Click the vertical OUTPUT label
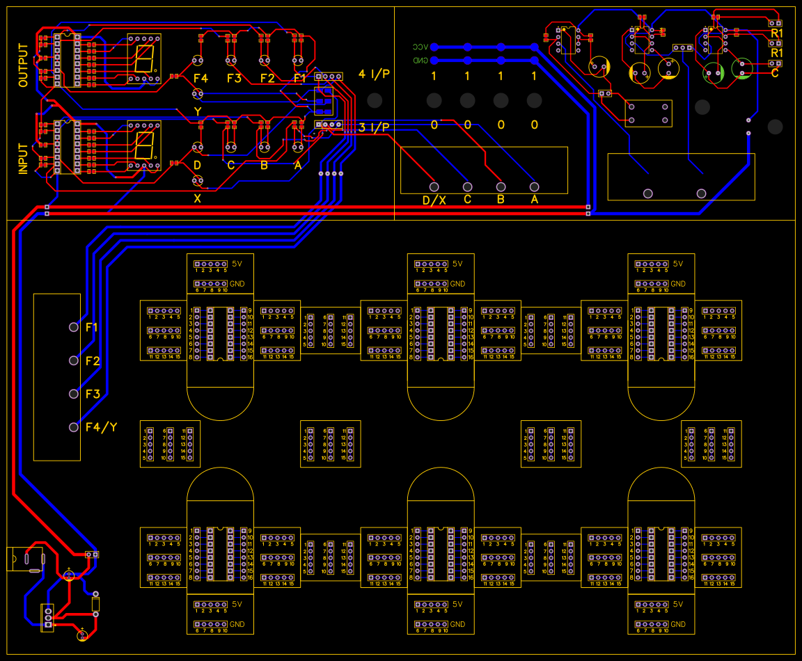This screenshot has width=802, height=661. [x=24, y=65]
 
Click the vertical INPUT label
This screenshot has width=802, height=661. [x=24, y=159]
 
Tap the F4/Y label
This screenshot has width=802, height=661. [x=101, y=427]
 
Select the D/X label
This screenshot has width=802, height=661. [x=434, y=200]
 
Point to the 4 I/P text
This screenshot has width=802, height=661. [x=374, y=74]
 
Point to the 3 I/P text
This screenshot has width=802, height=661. [x=374, y=127]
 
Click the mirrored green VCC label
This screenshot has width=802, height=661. [x=419, y=47]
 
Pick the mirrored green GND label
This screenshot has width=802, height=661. [x=420, y=61]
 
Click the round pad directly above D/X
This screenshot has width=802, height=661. [x=434, y=186]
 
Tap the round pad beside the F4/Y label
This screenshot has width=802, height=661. [x=74, y=427]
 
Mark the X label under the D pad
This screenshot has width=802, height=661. [x=197, y=198]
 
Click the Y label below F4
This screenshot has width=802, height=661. [x=198, y=111]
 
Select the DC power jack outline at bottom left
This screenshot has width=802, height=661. [x=25, y=559]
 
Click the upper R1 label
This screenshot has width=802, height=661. [x=777, y=33]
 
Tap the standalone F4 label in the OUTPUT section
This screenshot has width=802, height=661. [x=200, y=78]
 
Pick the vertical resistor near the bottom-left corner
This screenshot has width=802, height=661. [x=96, y=603]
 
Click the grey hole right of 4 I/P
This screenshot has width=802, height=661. [x=375, y=100]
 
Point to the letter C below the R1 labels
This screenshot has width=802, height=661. [x=775, y=72]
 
